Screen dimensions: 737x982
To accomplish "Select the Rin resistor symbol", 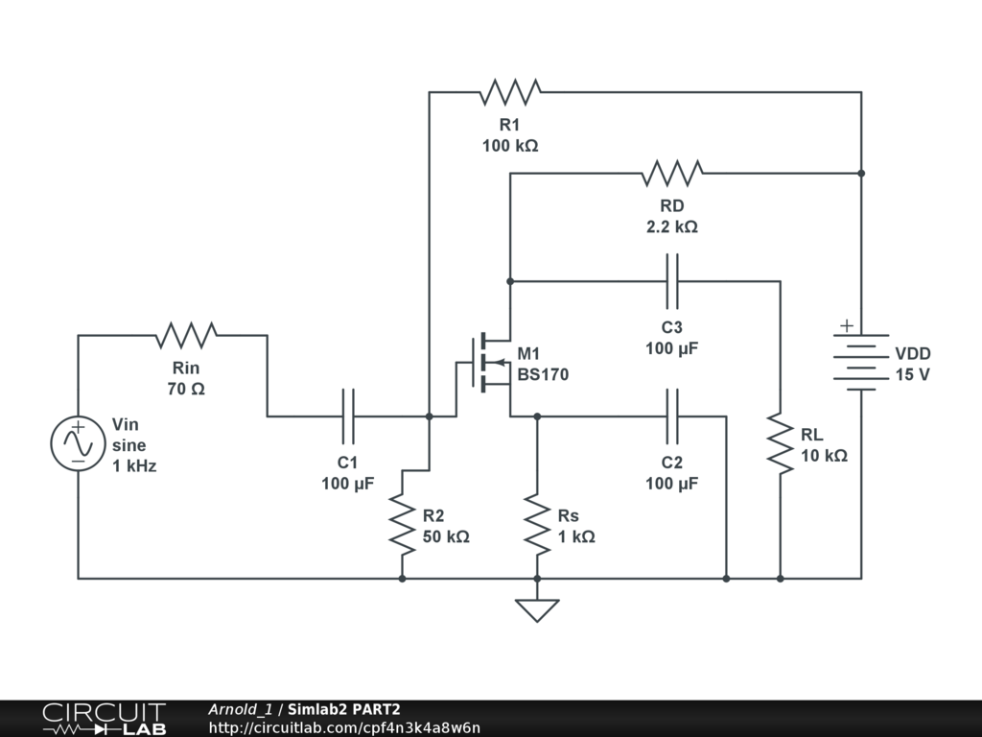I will coord(186,335).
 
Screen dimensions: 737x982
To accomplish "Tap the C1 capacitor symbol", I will coord(347,416).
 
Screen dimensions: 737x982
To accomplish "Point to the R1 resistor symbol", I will coord(509,92).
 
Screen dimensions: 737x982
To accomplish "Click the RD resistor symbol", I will coord(671,174).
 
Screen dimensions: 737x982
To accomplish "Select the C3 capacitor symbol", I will coord(671,281).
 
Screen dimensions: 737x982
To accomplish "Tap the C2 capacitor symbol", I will coord(671,416).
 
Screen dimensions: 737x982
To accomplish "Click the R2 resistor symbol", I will coord(402,524).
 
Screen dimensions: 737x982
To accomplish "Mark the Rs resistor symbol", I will coord(537,524).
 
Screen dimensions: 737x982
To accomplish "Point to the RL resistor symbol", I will coord(781,443).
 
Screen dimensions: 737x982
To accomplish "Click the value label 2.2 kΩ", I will coord(671,227).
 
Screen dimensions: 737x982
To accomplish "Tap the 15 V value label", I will coord(912,374).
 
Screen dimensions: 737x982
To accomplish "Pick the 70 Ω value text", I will coord(186,390).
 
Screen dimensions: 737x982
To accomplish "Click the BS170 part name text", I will coord(543,374).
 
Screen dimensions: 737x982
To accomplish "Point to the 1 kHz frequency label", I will coord(134,466).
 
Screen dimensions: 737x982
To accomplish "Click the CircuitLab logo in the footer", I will coord(104,718).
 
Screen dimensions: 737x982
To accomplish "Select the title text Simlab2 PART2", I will coord(344,709).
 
